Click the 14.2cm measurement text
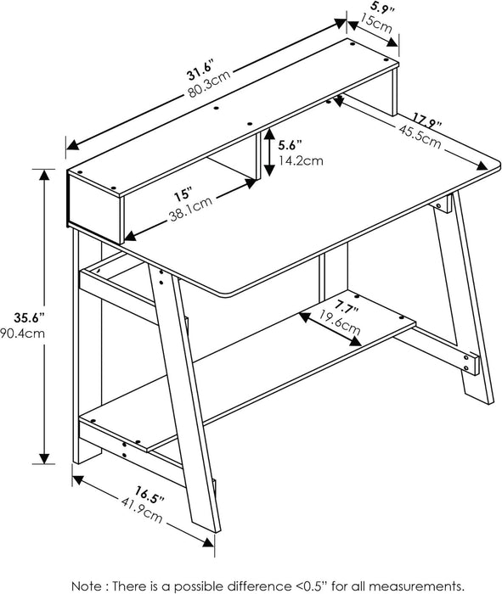(301, 160)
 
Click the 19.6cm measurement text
(339, 321)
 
